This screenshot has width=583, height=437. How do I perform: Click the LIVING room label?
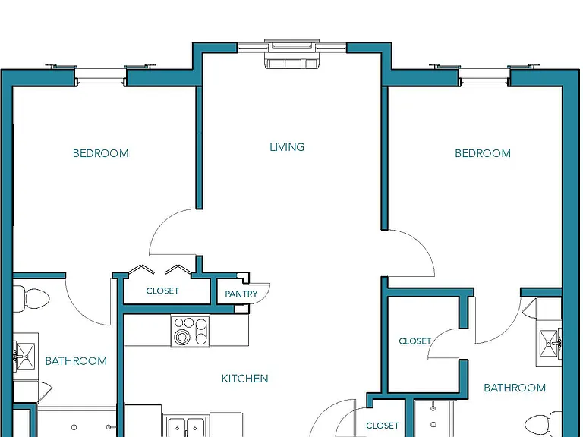[x=287, y=147]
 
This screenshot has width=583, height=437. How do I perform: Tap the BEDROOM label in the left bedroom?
[x=101, y=153]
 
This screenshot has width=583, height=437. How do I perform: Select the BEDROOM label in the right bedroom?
[x=483, y=153]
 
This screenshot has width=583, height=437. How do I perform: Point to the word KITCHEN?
[x=244, y=379]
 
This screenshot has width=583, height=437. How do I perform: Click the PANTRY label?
[x=241, y=294]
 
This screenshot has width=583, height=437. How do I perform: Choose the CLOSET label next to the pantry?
[x=162, y=291]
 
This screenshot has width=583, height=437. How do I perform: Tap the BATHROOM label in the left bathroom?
[x=76, y=361]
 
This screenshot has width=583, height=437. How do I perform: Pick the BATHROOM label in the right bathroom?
[x=515, y=388]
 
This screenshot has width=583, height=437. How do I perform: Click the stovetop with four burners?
[x=190, y=331]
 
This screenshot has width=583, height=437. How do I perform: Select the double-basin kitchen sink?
[x=187, y=426]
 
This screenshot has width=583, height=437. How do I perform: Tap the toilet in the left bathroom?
[x=31, y=299]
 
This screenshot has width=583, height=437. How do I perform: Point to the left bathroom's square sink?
[x=25, y=357]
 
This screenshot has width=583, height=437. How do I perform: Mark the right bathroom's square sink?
[x=549, y=343]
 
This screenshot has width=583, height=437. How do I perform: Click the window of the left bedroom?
[x=100, y=76]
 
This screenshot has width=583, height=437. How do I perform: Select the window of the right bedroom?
[x=484, y=76]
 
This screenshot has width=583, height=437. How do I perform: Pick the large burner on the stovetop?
[x=182, y=338]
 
